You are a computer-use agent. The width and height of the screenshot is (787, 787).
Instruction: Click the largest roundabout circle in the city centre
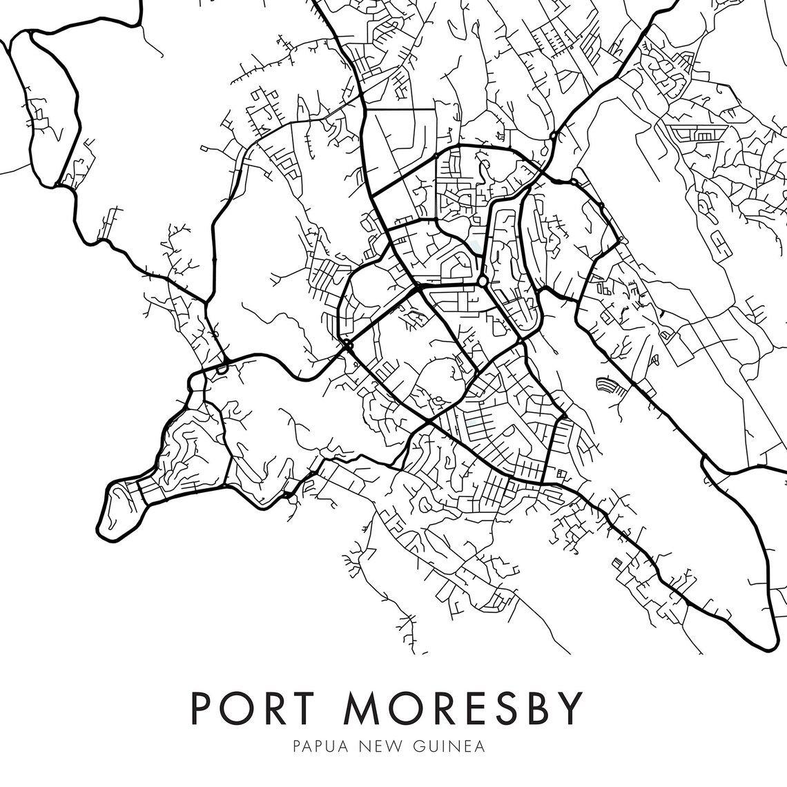tap(483, 282)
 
